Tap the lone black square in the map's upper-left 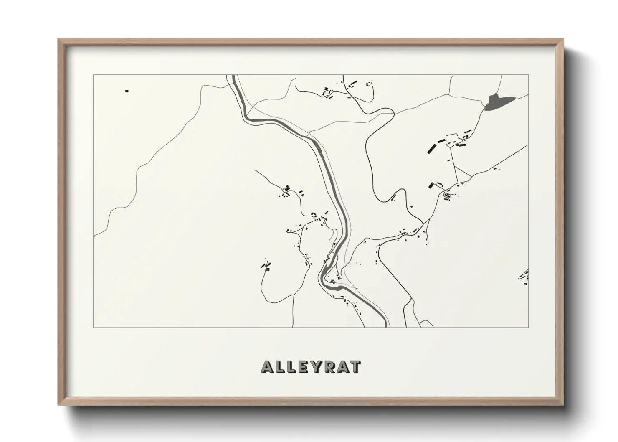(x=127, y=91)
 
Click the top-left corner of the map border (x=93, y=75)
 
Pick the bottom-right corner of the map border (x=529, y=327)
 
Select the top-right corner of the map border (x=529, y=75)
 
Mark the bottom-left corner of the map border (x=93, y=327)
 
